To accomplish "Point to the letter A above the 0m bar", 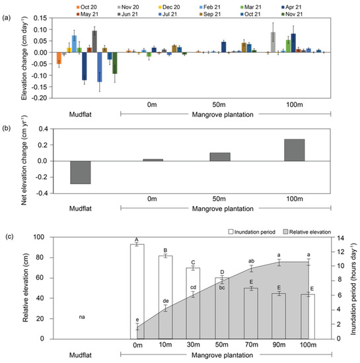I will pyautogui.click(x=137, y=239).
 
